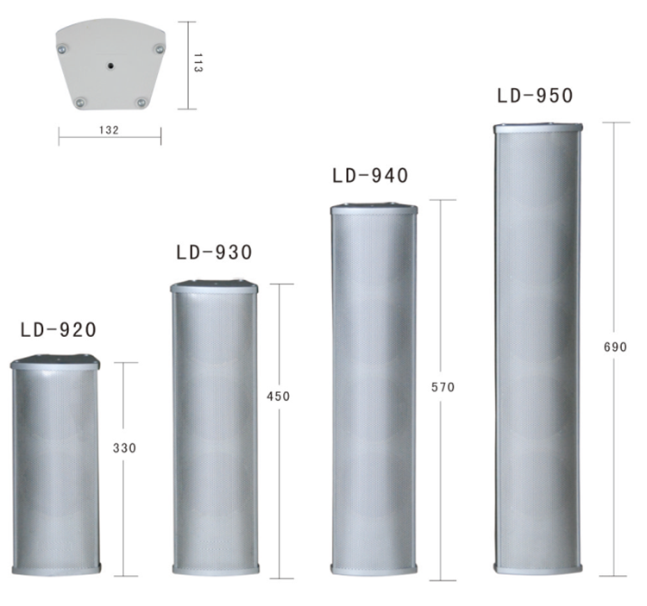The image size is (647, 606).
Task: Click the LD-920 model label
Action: (59, 330)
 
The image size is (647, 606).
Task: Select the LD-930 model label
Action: (214, 252)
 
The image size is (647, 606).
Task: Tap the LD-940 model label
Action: (370, 175)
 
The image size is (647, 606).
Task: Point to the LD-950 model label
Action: (535, 95)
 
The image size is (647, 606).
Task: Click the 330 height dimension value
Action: (124, 447)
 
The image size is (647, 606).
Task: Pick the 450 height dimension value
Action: (278, 397)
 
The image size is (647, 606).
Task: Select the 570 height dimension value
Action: (443, 387)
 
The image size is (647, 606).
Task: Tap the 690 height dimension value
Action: (615, 347)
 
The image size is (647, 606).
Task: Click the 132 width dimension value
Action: (109, 130)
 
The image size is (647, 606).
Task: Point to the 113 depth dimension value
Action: (198, 63)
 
